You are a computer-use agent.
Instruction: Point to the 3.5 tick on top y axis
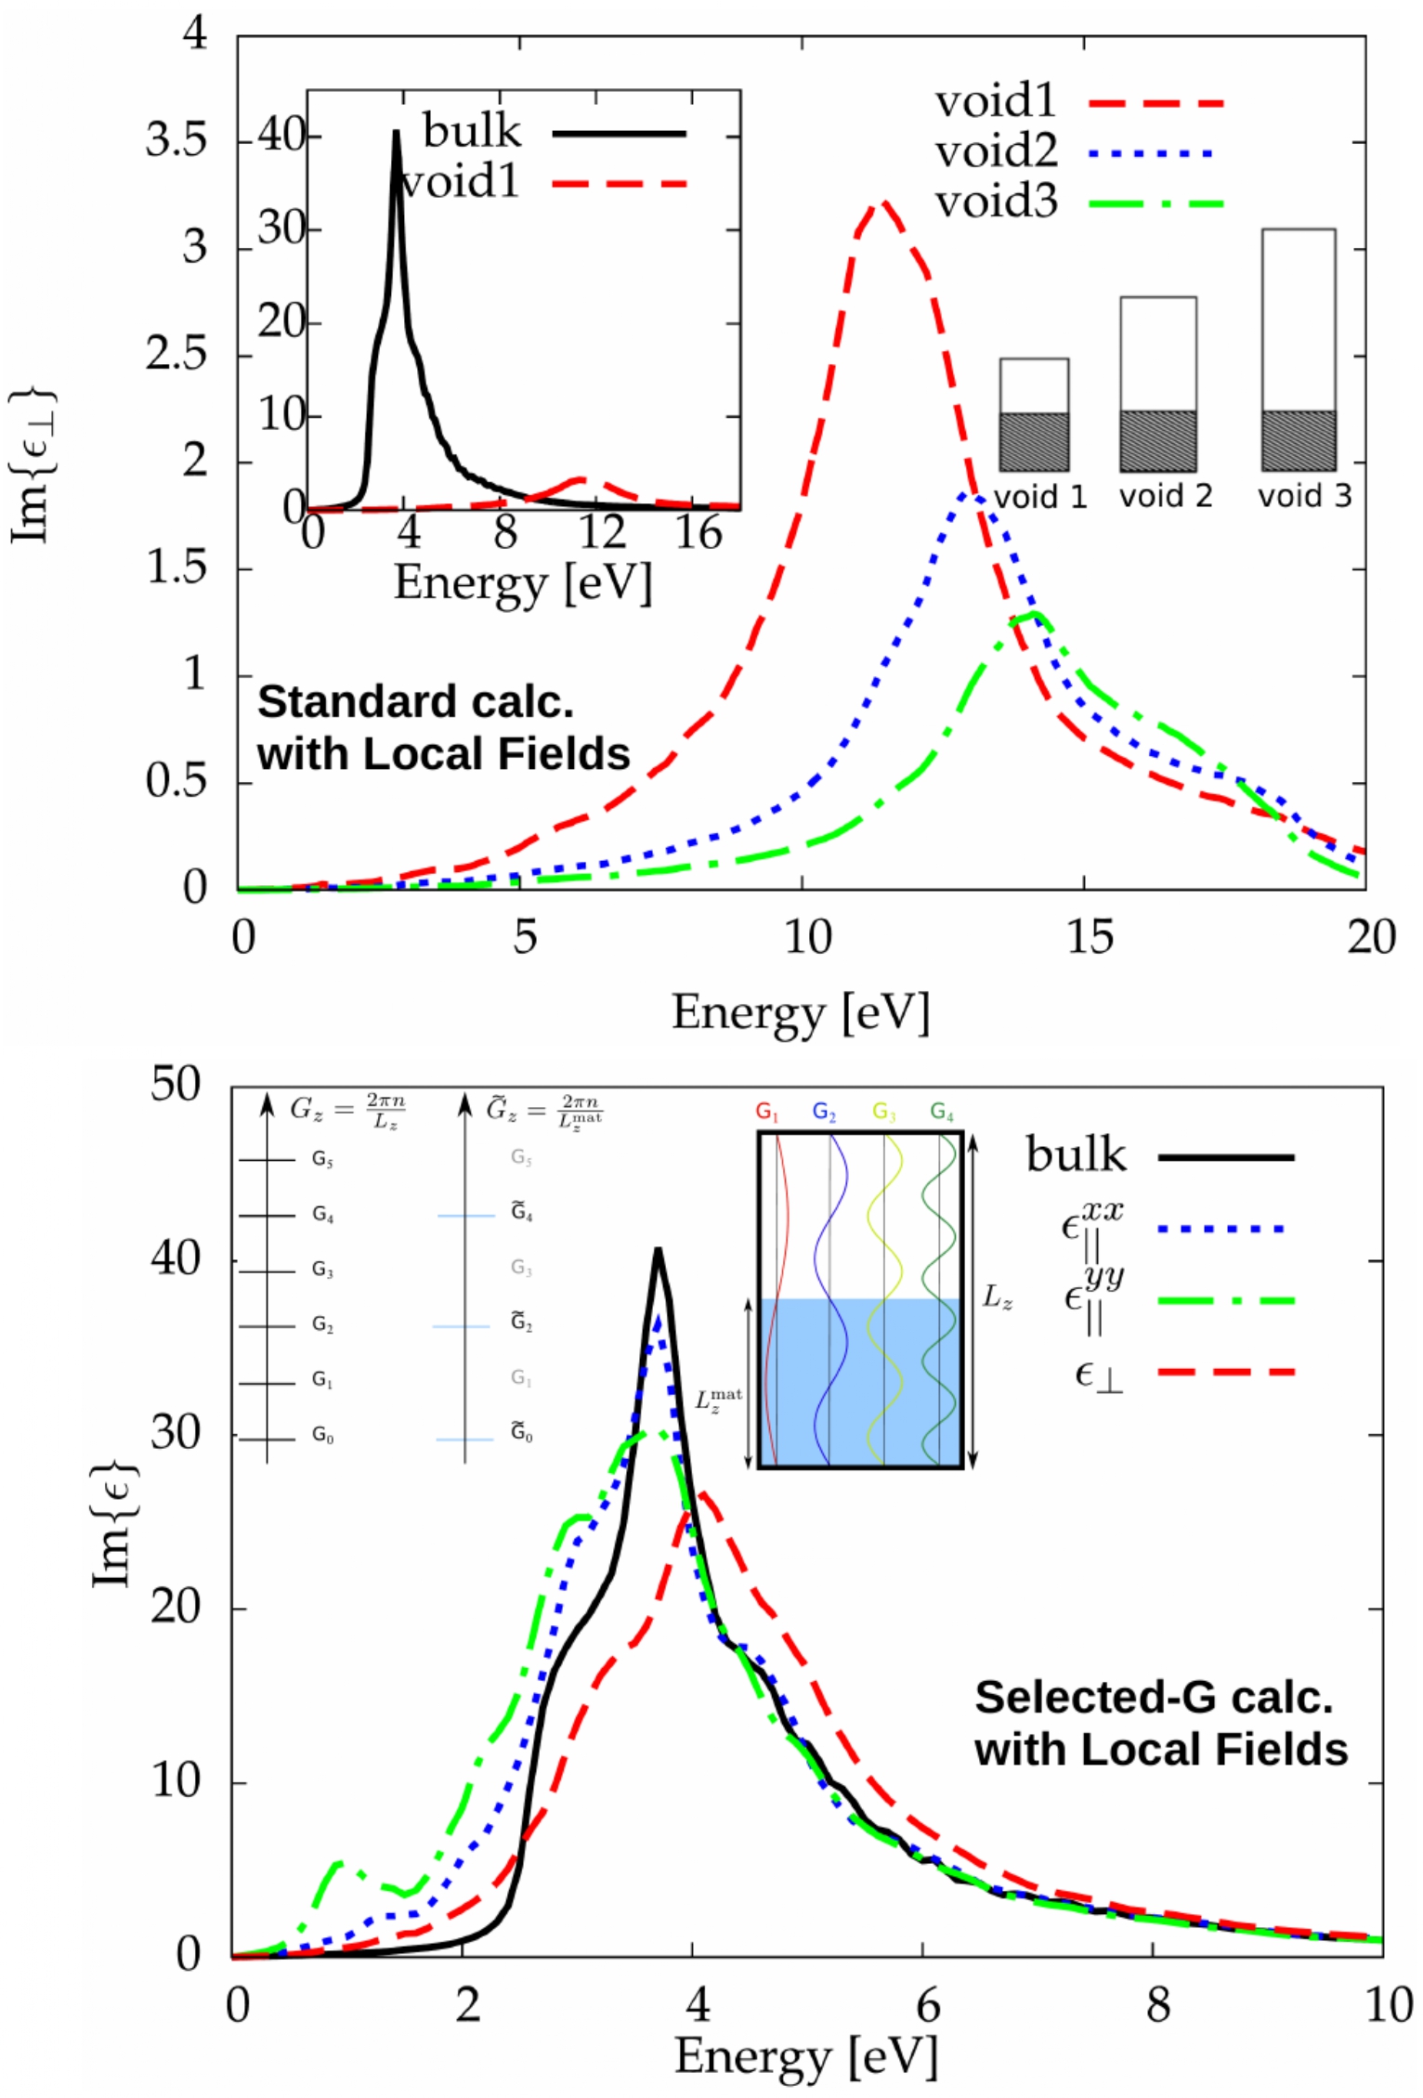click(176, 141)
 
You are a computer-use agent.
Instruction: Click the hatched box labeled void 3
click(1298, 439)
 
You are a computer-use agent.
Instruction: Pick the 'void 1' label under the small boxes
click(1039, 497)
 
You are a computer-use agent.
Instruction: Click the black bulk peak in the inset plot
click(397, 133)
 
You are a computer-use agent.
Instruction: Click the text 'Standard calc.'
click(415, 702)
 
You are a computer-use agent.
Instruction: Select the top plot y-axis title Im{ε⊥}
click(32, 464)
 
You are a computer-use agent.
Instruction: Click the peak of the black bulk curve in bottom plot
click(658, 1250)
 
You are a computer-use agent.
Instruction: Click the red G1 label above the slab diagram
click(766, 1111)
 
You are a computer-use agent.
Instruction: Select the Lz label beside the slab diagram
click(998, 1297)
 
